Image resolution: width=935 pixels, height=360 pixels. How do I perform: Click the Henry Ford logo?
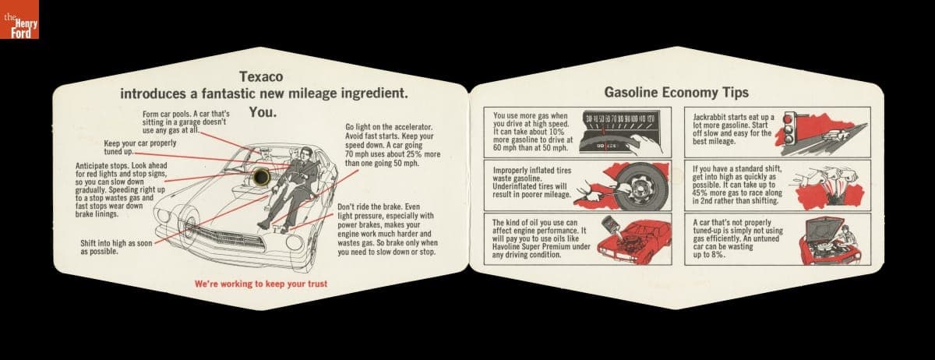coord(19,19)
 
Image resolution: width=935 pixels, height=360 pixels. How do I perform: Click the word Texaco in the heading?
coord(261,76)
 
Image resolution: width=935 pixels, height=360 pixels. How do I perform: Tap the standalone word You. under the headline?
coord(263,112)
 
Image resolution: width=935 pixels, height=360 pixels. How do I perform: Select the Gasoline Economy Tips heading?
coord(676,92)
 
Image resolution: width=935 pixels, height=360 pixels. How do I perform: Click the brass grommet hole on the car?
coord(262,177)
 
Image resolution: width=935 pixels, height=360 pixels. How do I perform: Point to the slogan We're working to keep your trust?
coord(261,284)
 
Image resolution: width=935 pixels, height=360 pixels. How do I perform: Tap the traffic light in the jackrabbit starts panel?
coord(789,129)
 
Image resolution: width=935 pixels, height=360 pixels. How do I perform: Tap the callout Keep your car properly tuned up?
coord(139,147)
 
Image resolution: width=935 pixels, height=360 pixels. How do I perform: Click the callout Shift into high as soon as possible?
coord(116,247)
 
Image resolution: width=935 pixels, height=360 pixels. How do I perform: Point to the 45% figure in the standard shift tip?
coord(700,193)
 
